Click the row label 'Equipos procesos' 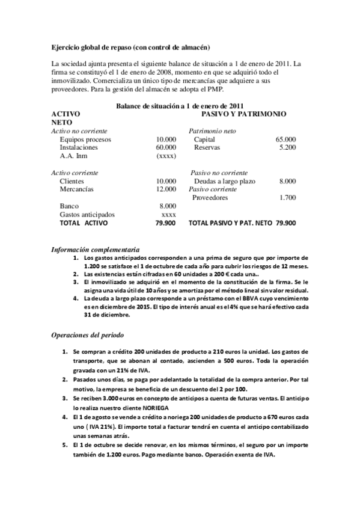(x=84, y=139)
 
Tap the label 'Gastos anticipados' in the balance (x=87, y=214)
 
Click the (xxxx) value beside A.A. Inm (x=166, y=155)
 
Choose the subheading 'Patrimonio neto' (x=212, y=131)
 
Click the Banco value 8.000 (x=168, y=206)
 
